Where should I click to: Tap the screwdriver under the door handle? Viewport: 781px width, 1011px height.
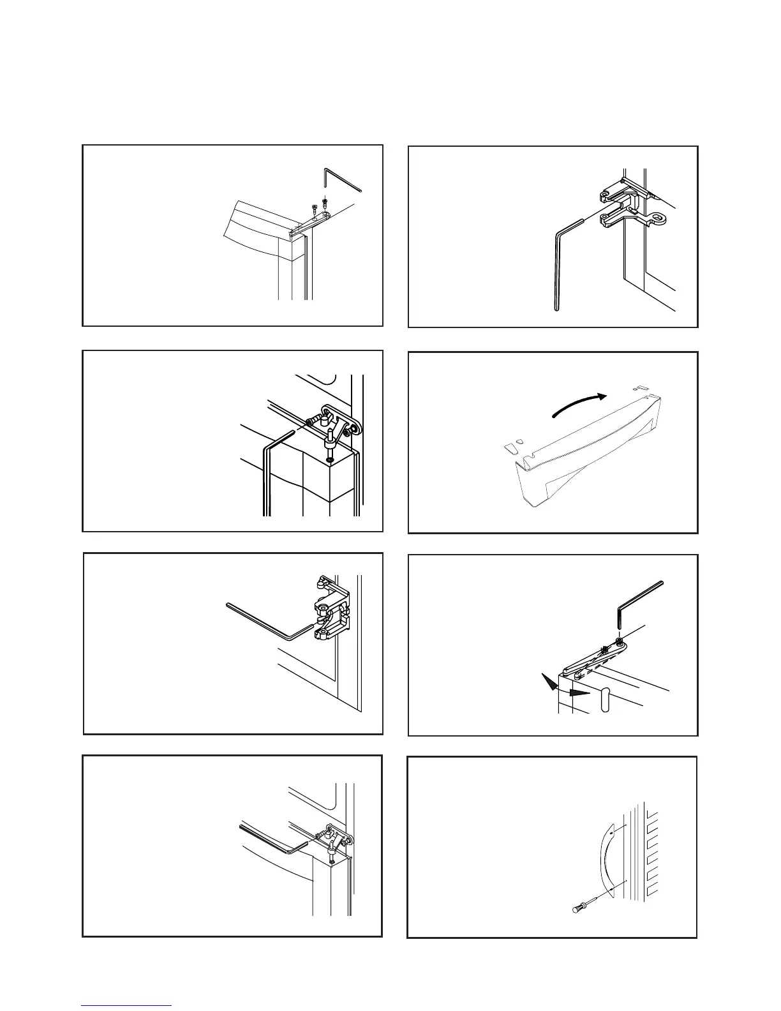point(584,905)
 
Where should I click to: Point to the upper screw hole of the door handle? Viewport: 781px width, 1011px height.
point(611,833)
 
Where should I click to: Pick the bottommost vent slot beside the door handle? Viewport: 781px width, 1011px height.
point(651,890)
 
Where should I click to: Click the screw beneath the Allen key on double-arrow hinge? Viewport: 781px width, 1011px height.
point(619,640)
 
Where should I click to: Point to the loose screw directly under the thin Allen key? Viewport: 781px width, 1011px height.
point(325,202)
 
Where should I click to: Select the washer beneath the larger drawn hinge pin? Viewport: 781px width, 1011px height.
point(330,460)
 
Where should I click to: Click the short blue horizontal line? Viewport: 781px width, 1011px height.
point(126,1005)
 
